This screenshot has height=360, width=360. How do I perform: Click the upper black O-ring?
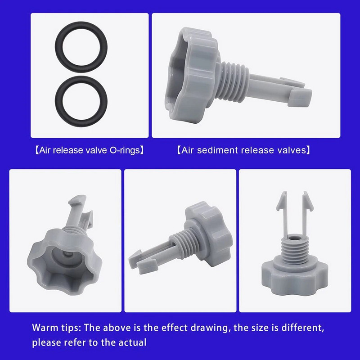[81, 25]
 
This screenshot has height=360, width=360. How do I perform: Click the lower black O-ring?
[81, 80]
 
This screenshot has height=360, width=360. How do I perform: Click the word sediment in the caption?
[214, 150]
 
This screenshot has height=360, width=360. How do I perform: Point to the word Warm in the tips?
[45, 328]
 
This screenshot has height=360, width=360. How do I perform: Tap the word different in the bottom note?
[302, 328]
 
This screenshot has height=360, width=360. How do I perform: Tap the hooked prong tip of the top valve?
[300, 97]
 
